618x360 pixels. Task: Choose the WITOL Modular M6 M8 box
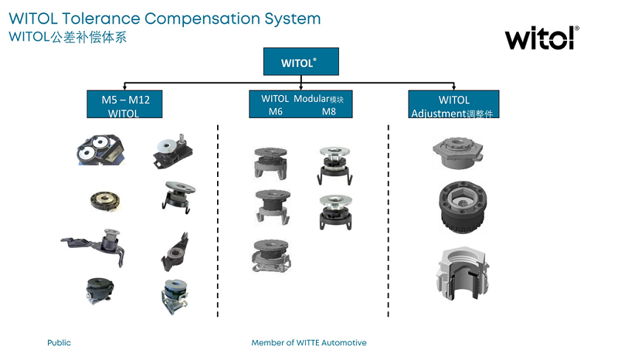(301, 104)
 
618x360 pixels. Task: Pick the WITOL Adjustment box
(453, 104)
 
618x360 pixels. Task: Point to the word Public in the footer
(59, 342)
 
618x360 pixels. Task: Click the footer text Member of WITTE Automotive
(309, 342)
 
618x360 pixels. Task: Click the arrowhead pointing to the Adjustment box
(453, 87)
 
